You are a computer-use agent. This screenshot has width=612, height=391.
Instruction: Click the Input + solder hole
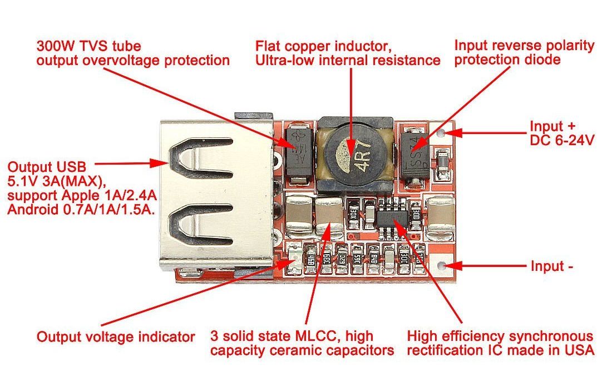point(442,133)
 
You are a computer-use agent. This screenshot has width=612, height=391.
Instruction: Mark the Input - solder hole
point(442,265)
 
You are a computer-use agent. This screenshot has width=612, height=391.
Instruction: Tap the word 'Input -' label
point(551,266)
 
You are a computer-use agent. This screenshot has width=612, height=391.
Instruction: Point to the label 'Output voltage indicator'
point(115,336)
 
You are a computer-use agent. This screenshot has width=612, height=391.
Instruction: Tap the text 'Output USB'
point(47,166)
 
